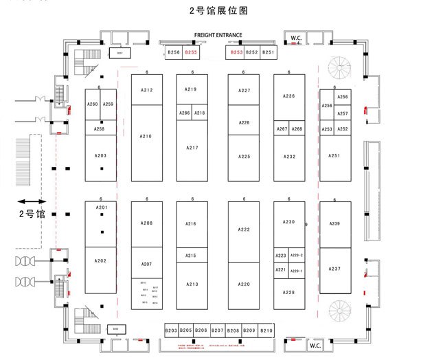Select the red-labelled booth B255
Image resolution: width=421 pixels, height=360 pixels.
point(191,52)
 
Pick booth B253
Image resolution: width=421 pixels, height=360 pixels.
point(236,52)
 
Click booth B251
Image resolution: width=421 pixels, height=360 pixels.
point(268,52)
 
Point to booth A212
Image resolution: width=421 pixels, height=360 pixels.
point(146,90)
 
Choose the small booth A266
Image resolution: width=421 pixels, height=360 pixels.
point(184,113)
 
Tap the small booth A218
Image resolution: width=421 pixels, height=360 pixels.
point(199,113)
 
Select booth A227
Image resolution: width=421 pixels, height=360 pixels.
point(244,91)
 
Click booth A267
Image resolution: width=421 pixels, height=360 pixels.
point(282,129)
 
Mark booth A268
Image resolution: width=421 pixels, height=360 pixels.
point(297,129)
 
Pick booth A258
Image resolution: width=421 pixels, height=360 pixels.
point(100,128)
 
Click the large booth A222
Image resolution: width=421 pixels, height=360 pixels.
point(244,229)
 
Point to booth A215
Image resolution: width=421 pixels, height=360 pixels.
point(191,256)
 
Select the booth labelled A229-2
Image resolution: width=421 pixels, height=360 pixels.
point(297,256)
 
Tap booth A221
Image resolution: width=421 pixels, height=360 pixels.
point(281,270)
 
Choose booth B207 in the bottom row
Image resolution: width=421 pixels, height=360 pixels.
point(217,331)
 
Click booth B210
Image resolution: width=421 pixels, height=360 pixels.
point(266,331)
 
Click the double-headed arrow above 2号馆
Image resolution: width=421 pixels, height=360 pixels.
point(32,201)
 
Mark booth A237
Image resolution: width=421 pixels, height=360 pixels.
point(334,269)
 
